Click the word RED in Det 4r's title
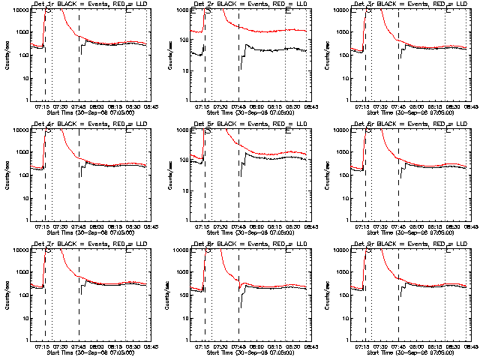[x=109, y=124]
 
